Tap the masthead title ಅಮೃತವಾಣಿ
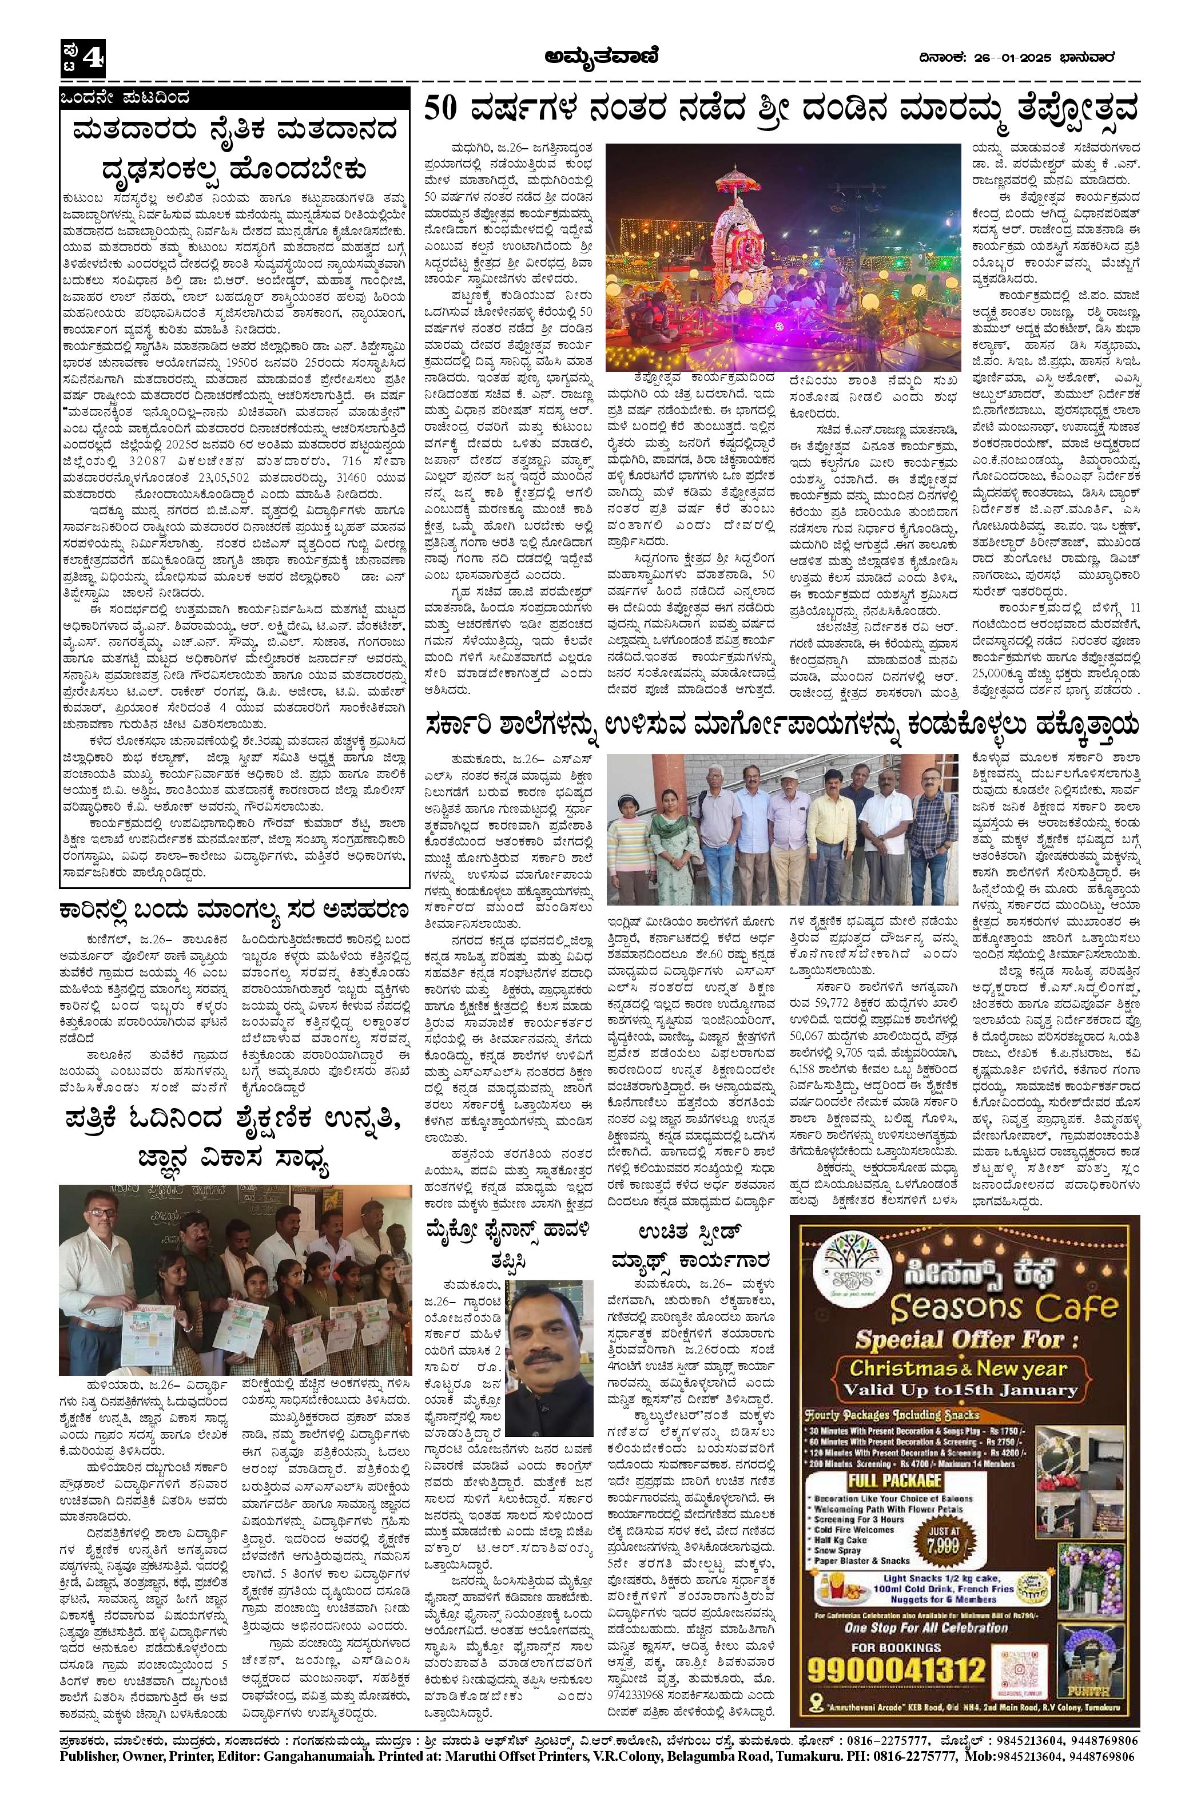[x=600, y=57]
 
